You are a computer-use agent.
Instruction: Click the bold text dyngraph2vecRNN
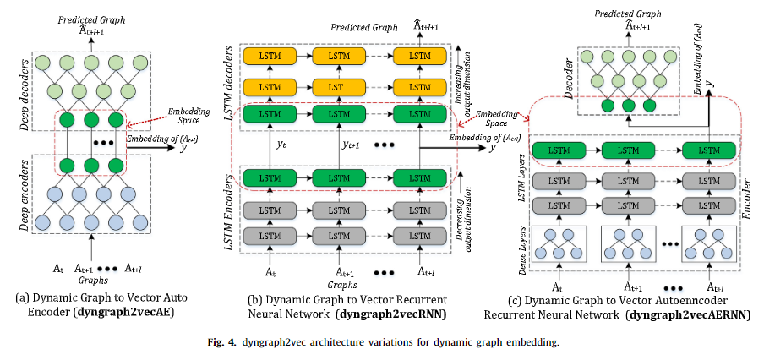click(394, 314)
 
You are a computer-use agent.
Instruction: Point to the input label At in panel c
click(559, 287)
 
